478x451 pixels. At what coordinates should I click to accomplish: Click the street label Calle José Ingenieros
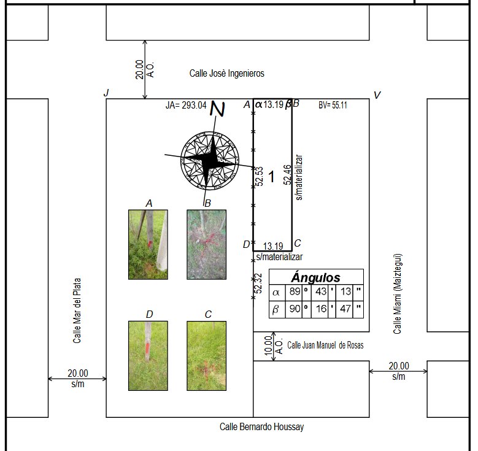click(227, 74)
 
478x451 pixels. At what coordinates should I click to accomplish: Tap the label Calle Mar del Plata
click(77, 310)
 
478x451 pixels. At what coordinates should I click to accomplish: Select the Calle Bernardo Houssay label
click(261, 426)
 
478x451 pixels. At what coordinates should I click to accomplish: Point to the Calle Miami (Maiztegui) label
click(397, 294)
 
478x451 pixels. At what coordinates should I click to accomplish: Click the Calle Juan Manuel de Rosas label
click(325, 345)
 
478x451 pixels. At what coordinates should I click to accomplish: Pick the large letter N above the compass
click(218, 109)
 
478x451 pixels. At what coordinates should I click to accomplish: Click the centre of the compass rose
click(210, 160)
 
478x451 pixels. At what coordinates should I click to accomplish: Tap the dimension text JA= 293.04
click(186, 105)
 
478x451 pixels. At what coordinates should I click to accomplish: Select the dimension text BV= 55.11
click(333, 105)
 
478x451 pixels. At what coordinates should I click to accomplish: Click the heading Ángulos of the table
click(316, 277)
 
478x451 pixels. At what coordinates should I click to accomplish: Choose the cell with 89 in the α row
click(294, 292)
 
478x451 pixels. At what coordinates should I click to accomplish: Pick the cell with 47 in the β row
click(344, 309)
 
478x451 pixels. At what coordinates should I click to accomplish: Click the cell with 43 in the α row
click(320, 292)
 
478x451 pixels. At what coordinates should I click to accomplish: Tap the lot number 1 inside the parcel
click(271, 177)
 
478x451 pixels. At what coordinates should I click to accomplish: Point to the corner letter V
click(377, 95)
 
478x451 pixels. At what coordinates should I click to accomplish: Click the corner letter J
click(106, 93)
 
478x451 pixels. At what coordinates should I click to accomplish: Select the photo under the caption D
click(148, 355)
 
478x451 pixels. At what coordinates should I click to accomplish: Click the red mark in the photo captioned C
click(206, 368)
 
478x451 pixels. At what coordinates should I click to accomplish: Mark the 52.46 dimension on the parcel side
click(287, 175)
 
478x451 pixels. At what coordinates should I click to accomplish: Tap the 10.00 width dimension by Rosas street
click(268, 345)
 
